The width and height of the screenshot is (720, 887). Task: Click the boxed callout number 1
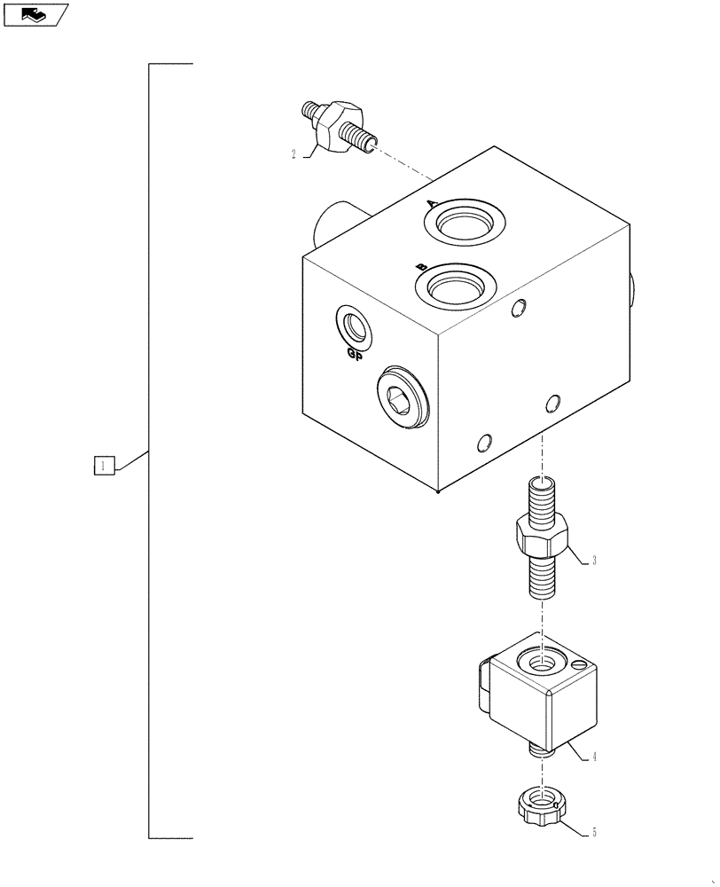click(x=104, y=465)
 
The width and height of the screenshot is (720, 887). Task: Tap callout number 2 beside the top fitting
click(x=293, y=154)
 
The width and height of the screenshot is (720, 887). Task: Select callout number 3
click(x=594, y=560)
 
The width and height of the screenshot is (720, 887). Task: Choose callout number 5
click(x=593, y=833)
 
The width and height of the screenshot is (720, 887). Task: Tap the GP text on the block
click(x=354, y=355)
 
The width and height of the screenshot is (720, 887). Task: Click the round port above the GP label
click(x=356, y=326)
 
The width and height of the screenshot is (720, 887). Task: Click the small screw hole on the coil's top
click(x=577, y=666)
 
